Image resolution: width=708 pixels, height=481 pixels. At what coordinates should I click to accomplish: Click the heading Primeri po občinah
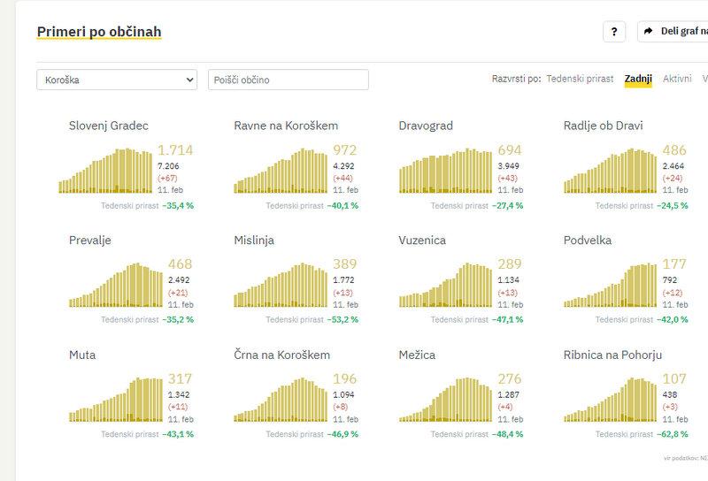[x=99, y=32]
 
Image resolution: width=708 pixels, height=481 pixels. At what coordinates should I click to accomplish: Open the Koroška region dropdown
[x=116, y=80]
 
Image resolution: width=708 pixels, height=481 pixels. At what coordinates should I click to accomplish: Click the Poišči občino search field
[x=288, y=80]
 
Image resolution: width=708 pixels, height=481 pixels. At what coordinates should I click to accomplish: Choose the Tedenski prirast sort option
[x=580, y=79]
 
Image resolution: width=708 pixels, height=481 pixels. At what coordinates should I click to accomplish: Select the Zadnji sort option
[x=638, y=79]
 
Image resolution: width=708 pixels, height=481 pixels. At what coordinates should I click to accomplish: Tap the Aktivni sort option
[x=677, y=79]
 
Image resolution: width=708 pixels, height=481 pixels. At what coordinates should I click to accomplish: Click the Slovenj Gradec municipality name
[x=109, y=126]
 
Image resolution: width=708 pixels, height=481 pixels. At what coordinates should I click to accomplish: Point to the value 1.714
[x=175, y=150]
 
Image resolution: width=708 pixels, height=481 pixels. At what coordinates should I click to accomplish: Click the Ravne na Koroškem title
[x=286, y=126]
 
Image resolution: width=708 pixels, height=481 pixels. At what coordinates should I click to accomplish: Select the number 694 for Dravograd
[x=511, y=150]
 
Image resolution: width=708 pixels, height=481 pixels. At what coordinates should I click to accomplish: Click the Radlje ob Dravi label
[x=604, y=126]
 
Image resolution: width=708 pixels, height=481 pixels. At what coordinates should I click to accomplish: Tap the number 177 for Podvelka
[x=674, y=264]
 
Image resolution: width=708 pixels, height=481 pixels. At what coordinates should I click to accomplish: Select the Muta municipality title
[x=82, y=355]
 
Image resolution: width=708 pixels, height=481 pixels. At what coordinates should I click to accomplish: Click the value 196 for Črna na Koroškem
[x=344, y=379]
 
